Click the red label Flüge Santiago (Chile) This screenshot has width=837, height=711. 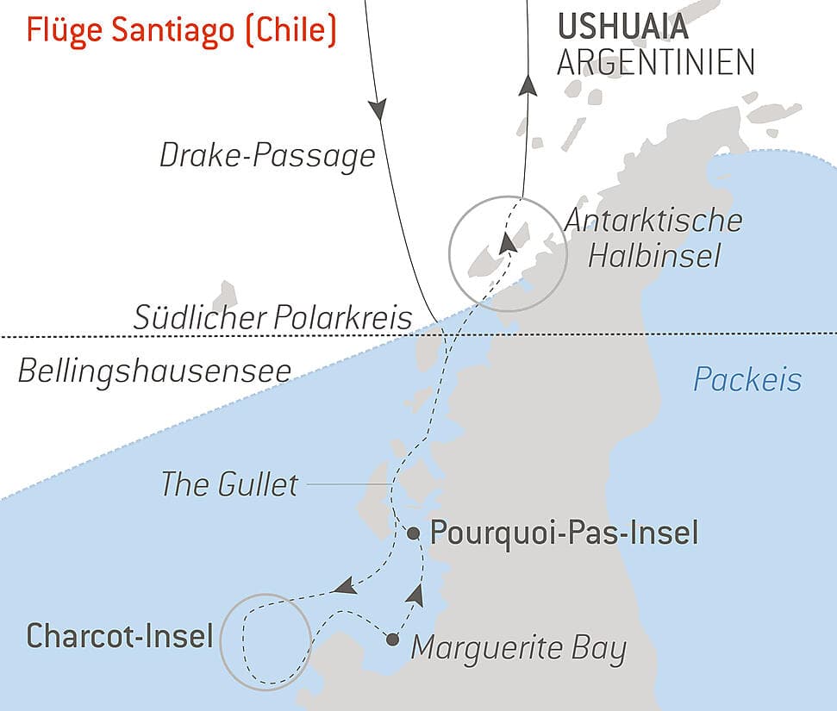(x=180, y=30)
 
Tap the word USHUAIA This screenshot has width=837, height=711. (x=623, y=27)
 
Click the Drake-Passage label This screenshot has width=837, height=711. (x=268, y=156)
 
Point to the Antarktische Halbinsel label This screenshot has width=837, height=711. (x=653, y=237)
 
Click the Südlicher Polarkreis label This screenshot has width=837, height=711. (x=273, y=317)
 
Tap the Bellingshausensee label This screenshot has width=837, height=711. (x=154, y=371)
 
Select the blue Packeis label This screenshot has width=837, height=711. (x=747, y=379)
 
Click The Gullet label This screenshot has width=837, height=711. (x=229, y=484)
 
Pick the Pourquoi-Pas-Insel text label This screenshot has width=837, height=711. (x=564, y=533)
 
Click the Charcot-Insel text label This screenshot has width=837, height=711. (x=120, y=637)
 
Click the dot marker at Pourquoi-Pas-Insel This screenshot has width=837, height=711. (x=413, y=533)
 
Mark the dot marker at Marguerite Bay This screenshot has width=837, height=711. (x=393, y=639)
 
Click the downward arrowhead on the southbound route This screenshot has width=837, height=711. (x=377, y=109)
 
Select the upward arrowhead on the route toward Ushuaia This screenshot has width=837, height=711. (x=528, y=84)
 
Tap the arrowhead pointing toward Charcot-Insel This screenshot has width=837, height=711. (x=345, y=587)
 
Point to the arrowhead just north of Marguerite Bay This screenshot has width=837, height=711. (x=416, y=594)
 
